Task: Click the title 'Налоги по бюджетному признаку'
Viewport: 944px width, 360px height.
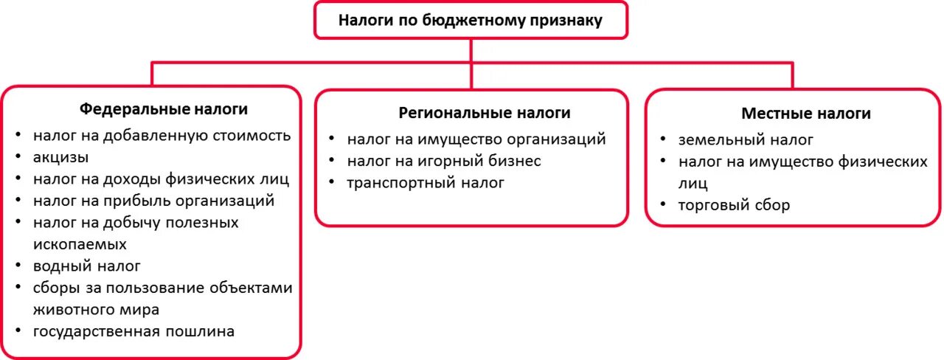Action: coord(471,21)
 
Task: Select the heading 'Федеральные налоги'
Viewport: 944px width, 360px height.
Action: coord(163,109)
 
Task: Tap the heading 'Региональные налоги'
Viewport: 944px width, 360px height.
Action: coord(485,113)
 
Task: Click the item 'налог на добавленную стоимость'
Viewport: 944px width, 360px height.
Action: coord(162,136)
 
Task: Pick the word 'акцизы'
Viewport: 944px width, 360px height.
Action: coord(61,157)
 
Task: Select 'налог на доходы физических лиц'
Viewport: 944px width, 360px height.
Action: coord(161,179)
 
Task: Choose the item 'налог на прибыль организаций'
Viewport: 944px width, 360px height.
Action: coord(153,200)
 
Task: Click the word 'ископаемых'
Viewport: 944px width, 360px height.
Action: coord(80,243)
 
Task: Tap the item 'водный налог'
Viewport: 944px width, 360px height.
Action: coord(86,266)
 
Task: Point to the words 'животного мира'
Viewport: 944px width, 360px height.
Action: coord(96,309)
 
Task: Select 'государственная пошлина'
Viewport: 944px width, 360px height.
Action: coord(133,331)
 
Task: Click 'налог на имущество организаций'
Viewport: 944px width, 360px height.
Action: coord(476,139)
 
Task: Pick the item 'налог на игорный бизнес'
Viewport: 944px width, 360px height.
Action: coord(444,161)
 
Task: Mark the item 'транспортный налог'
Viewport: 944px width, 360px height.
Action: coord(426,183)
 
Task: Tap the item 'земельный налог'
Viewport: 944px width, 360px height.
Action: coord(746,139)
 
